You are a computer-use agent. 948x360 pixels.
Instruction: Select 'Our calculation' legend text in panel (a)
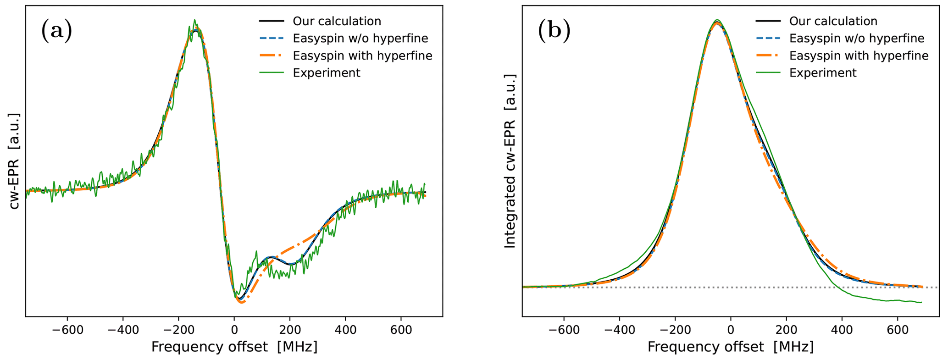click(337, 21)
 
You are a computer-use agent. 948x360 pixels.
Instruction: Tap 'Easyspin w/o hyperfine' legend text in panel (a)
click(360, 39)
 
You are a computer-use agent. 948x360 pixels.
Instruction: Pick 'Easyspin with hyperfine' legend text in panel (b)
click(859, 55)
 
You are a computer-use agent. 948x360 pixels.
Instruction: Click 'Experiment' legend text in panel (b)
click(823, 73)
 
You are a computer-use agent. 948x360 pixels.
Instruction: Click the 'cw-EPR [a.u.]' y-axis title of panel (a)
click(15, 161)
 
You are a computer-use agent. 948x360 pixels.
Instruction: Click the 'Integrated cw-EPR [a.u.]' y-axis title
click(510, 161)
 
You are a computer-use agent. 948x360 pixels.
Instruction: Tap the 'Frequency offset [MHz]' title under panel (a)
click(234, 347)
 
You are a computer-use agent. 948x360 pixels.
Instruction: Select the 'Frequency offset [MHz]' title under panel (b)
click(730, 347)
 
